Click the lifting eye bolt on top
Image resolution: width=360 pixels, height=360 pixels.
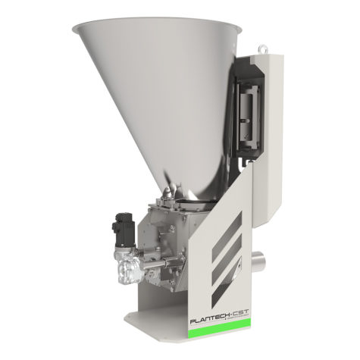click(262, 47)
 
